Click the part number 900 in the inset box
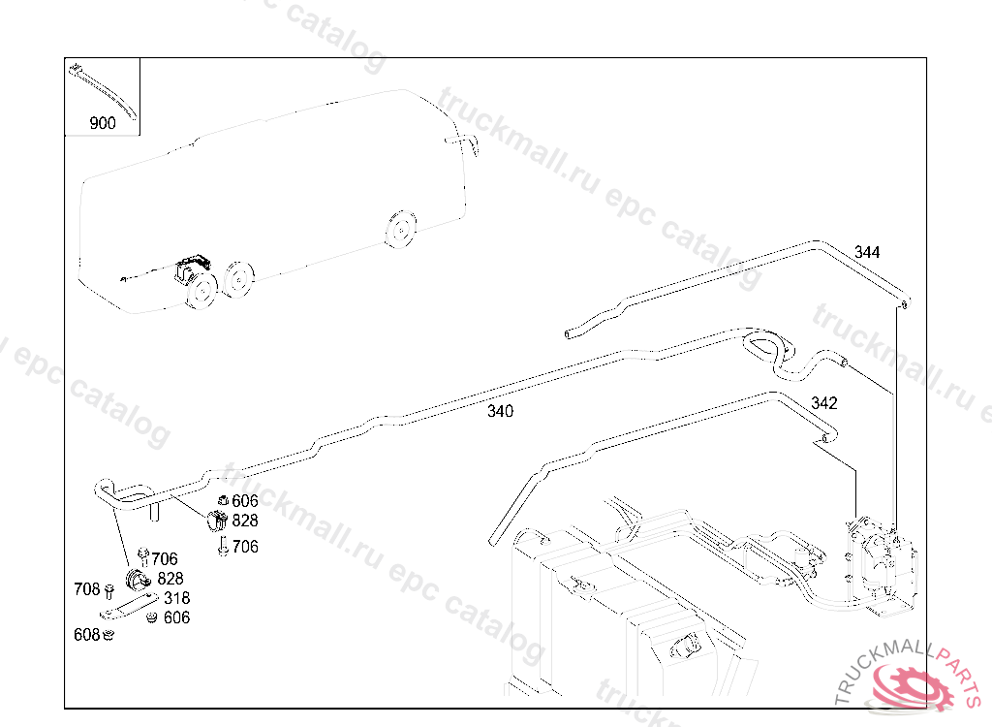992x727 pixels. pyautogui.click(x=102, y=123)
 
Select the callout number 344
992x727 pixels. pyautogui.click(x=867, y=252)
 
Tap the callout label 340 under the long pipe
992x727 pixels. pyautogui.click(x=500, y=411)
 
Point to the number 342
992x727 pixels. pyautogui.click(x=824, y=403)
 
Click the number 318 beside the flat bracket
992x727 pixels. pyautogui.click(x=176, y=598)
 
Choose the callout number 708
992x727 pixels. pyautogui.click(x=87, y=589)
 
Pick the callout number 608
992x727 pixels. pyautogui.click(x=86, y=634)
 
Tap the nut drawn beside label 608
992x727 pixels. pyautogui.click(x=109, y=635)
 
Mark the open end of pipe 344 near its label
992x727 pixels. pyautogui.click(x=905, y=305)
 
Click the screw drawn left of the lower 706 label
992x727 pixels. pyautogui.click(x=223, y=548)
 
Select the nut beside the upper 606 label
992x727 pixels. pyautogui.click(x=222, y=501)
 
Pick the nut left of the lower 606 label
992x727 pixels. pyautogui.click(x=151, y=617)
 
